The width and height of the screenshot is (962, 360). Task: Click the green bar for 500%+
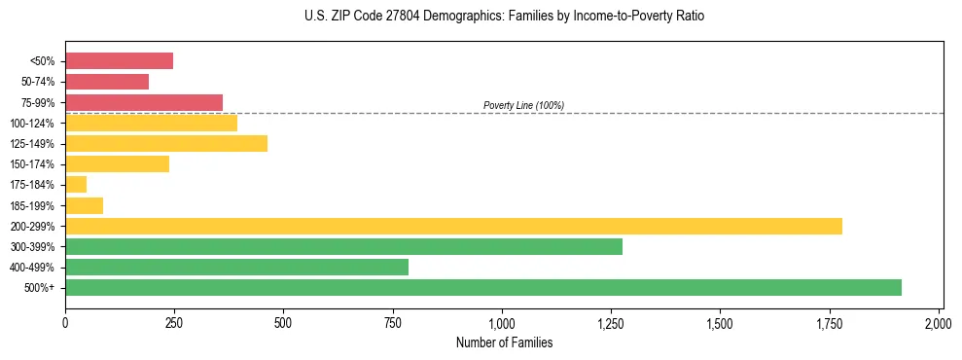tap(483, 287)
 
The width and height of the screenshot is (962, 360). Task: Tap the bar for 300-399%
tap(343, 246)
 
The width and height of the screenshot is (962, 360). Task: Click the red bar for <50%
tap(119, 61)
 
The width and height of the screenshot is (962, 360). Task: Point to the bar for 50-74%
tap(107, 82)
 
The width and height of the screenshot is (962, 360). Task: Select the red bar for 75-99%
tap(144, 102)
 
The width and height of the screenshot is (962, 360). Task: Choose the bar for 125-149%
tap(166, 143)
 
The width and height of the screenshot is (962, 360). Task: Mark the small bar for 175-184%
tap(76, 185)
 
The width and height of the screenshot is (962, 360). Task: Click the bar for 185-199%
tap(84, 205)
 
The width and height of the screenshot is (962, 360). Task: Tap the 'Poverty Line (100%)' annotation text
tap(523, 105)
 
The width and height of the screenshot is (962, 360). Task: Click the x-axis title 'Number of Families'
tap(502, 342)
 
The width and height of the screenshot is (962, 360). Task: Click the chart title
tap(504, 17)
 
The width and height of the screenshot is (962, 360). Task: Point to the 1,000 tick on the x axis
tap(502, 322)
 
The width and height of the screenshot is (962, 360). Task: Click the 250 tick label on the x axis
tap(174, 322)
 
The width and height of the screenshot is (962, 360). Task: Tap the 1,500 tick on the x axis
tap(720, 322)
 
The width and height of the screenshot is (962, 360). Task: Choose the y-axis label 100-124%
tap(32, 124)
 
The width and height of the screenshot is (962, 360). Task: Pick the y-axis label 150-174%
tap(32, 164)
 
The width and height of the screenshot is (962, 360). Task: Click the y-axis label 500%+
tap(40, 288)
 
